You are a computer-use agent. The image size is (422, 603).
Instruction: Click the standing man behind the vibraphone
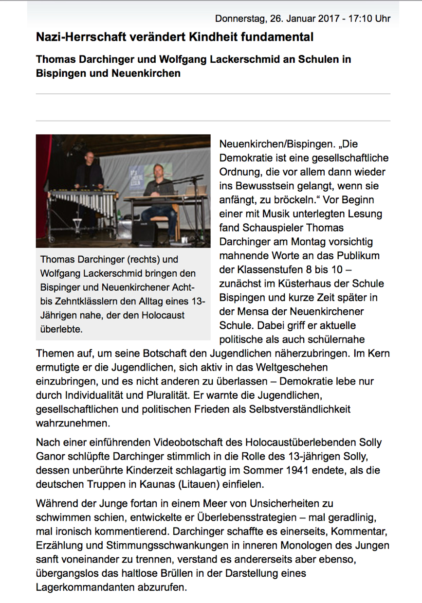91,171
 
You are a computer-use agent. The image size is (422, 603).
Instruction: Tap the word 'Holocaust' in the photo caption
163,315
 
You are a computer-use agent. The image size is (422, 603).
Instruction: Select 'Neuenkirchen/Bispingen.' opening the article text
276,144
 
